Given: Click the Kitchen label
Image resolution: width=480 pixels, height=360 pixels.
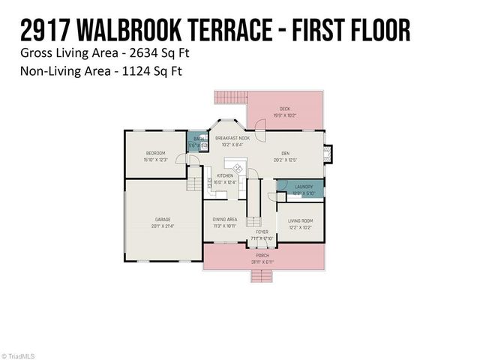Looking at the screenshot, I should (x=226, y=178).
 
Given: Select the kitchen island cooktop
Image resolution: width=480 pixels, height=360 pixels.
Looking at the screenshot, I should (x=239, y=169).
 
